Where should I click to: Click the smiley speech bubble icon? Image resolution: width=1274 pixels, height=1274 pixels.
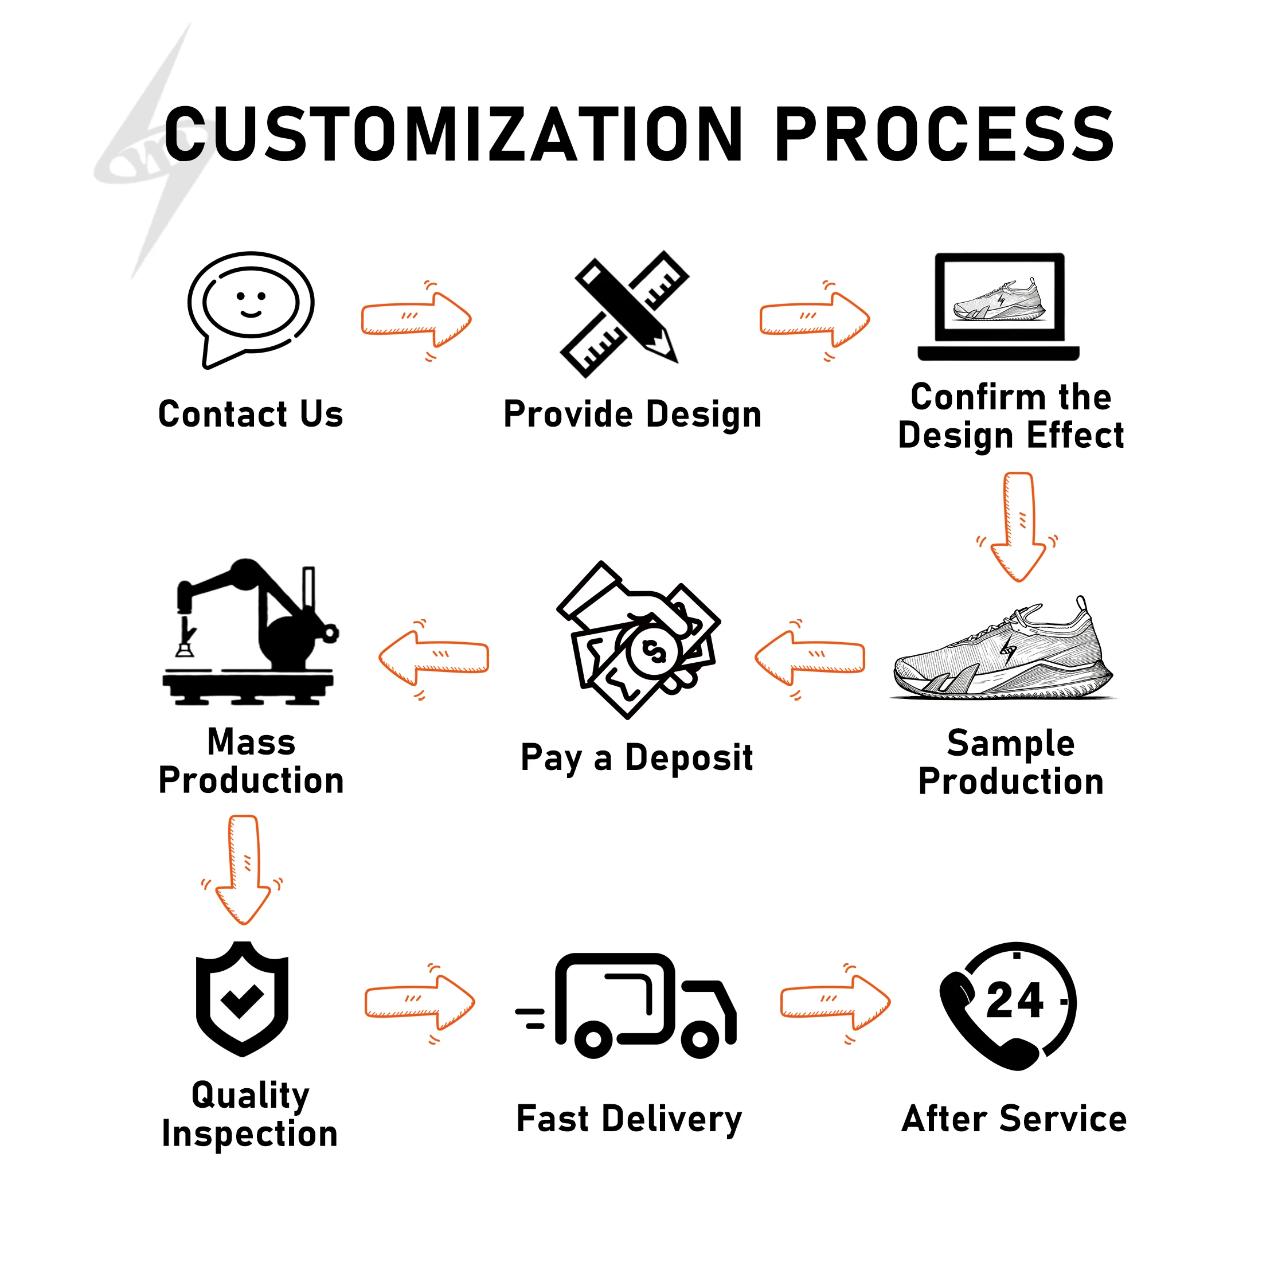point(251,307)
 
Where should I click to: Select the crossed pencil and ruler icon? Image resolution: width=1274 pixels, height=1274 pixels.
point(625,312)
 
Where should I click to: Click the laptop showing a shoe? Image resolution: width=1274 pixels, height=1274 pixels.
point(998,307)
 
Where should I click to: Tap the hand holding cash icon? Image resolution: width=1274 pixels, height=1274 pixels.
point(638,640)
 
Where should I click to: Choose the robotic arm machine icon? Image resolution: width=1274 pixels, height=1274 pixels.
point(251,633)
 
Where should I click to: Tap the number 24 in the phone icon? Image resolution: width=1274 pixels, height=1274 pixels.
point(1014,1001)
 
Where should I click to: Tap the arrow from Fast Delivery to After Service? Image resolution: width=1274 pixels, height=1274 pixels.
point(835,1002)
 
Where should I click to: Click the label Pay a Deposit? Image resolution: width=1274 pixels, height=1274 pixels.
point(636,757)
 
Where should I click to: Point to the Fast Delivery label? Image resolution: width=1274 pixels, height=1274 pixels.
point(629,1119)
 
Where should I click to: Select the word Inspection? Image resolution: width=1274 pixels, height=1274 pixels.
point(250,1134)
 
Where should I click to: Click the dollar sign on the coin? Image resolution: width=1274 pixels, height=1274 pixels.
point(654,652)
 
